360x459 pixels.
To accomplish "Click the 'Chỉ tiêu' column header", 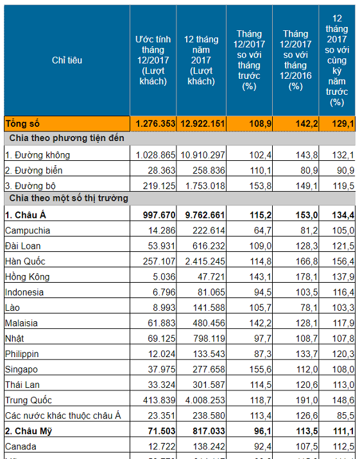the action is click(67, 60).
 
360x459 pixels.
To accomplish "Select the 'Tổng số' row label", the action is click(22, 124).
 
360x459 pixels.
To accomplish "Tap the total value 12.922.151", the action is click(202, 124).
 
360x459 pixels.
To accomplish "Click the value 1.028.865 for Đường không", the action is click(155, 155).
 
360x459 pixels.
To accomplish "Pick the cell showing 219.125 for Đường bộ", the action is click(159, 186).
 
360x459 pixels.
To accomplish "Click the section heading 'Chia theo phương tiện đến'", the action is click(67, 138).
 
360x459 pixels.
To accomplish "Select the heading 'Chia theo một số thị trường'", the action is click(69, 198).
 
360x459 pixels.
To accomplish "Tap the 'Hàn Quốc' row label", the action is click(25, 261).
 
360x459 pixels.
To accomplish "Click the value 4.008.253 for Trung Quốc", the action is click(205, 400).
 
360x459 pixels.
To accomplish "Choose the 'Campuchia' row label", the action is click(28, 231).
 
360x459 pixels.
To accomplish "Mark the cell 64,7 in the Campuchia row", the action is click(262, 231).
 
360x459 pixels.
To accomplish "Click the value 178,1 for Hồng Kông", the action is click(307, 277).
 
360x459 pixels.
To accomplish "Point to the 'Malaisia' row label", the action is click(21, 323).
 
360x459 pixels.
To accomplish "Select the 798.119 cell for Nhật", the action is click(209, 338).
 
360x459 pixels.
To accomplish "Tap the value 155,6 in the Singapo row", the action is click(261, 369).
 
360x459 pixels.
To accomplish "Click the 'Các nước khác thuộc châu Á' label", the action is click(63, 415).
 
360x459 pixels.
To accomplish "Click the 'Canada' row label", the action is click(21, 447).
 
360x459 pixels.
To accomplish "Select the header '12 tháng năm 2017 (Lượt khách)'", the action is click(201, 60).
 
